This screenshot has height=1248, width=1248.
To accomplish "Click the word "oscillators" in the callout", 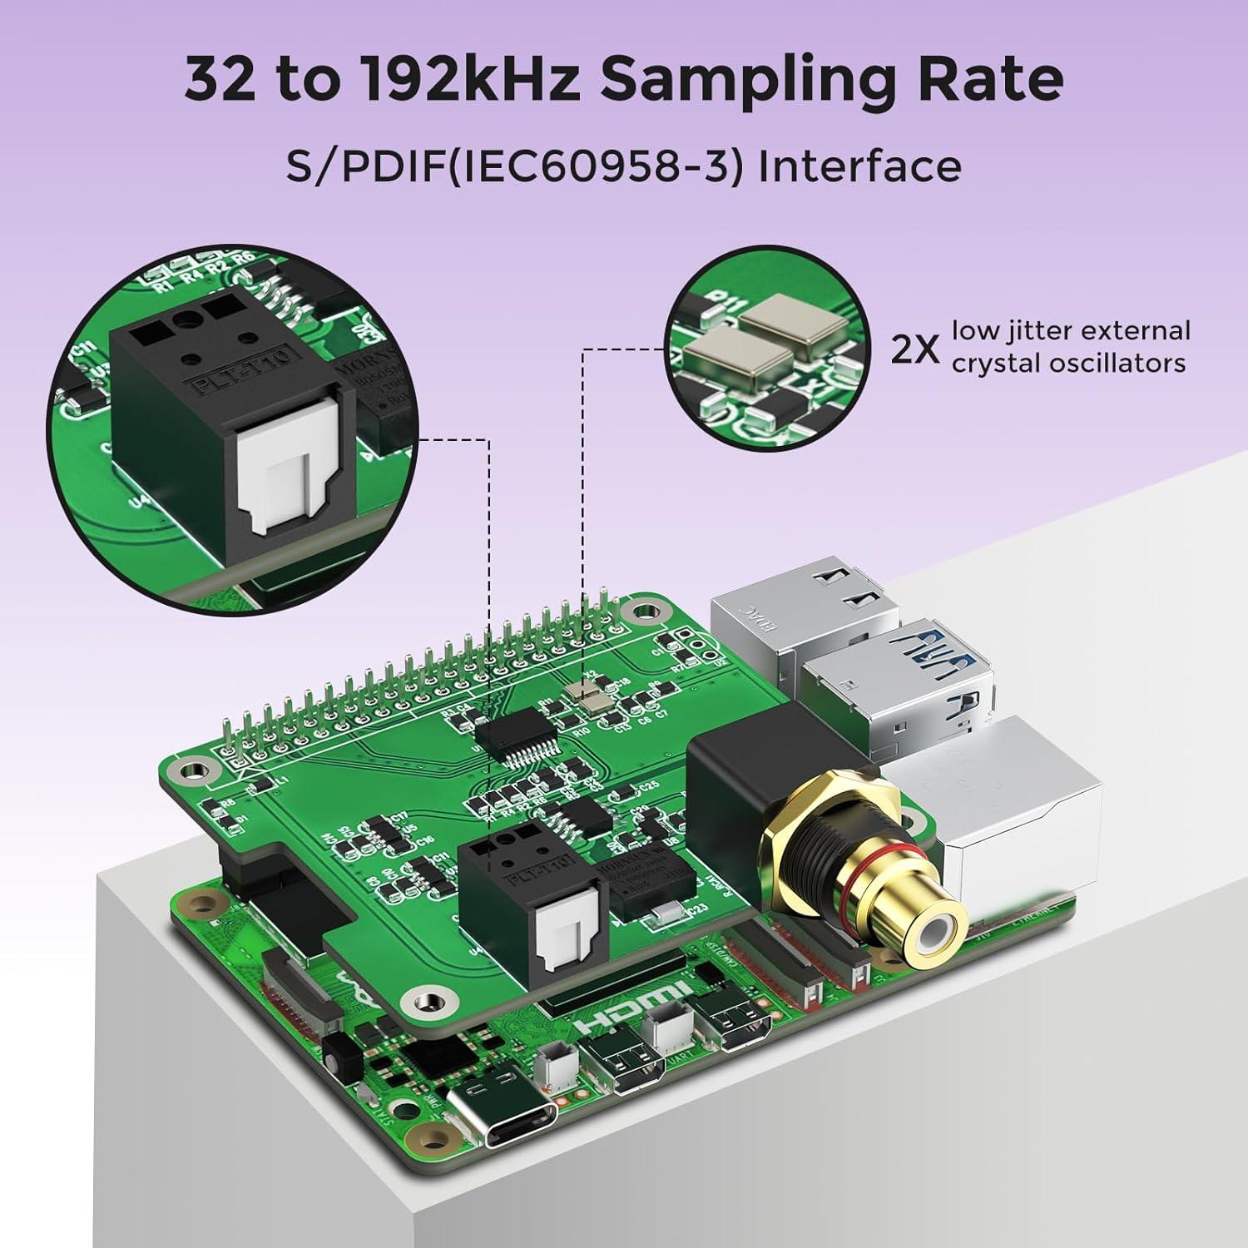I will click(1069, 364).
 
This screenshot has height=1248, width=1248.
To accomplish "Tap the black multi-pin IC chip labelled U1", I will click(514, 736).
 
